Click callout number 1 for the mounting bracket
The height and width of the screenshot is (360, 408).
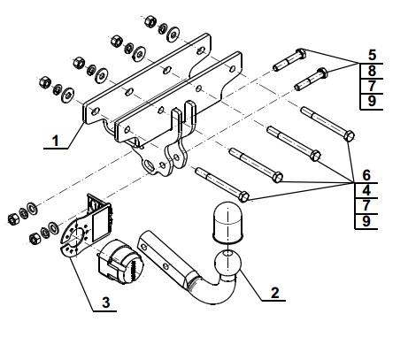(56, 141)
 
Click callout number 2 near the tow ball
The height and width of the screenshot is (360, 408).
(274, 293)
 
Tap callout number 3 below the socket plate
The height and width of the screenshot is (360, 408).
(106, 303)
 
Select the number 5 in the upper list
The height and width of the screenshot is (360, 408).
(373, 55)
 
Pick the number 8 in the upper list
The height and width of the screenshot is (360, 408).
(372, 71)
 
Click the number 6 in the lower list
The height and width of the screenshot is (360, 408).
(366, 175)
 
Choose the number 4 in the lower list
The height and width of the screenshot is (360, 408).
(366, 190)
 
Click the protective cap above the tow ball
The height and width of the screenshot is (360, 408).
(227, 223)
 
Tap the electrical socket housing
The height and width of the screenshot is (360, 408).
(120, 261)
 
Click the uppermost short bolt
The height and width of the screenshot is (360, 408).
(289, 60)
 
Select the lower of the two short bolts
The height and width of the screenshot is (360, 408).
(311, 79)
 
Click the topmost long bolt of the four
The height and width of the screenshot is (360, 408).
(327, 124)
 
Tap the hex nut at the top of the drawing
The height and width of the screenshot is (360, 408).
(150, 21)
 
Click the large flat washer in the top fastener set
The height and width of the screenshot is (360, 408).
(173, 34)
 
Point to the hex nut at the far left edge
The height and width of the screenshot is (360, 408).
(13, 219)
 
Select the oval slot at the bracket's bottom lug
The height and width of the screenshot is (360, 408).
(148, 165)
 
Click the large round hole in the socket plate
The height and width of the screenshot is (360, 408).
(75, 234)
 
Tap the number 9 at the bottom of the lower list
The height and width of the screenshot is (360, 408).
(366, 221)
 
